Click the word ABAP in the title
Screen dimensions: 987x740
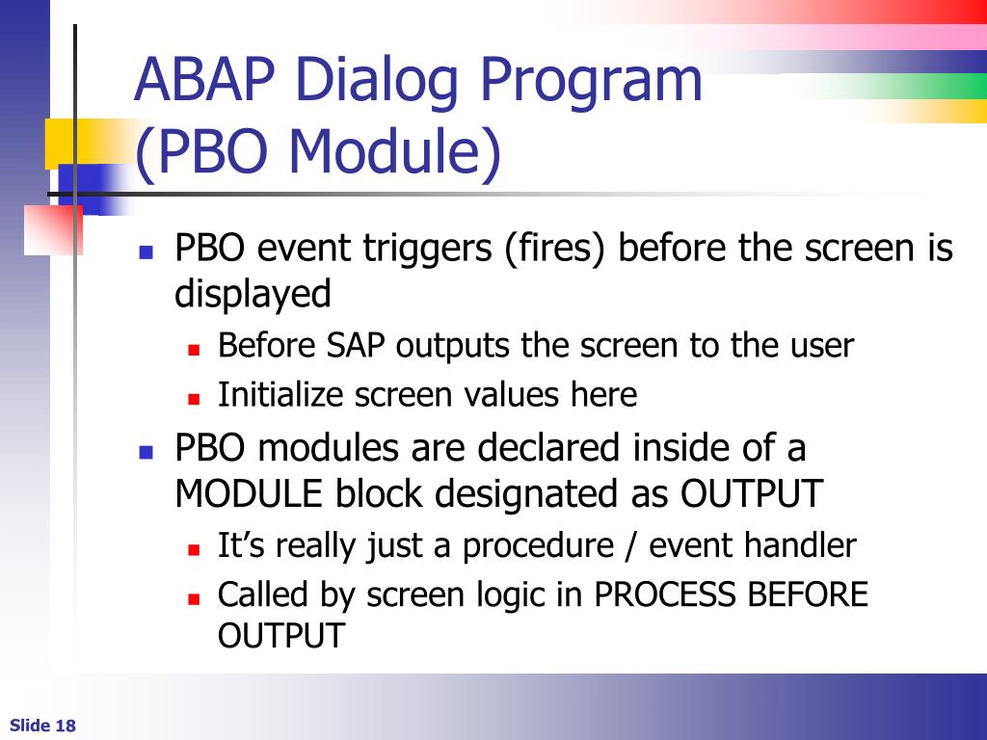[x=204, y=79]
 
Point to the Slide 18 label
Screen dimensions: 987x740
[x=42, y=726]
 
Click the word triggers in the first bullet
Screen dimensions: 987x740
[x=427, y=248]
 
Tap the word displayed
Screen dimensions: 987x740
[x=253, y=293]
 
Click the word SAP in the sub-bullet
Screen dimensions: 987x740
[x=355, y=345]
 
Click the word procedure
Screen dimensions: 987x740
[x=538, y=545]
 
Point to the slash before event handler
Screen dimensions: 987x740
[x=631, y=545]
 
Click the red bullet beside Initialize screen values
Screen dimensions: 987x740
[x=193, y=398]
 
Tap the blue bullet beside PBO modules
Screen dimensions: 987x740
[x=147, y=452]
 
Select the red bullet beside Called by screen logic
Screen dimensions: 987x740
[x=193, y=598]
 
